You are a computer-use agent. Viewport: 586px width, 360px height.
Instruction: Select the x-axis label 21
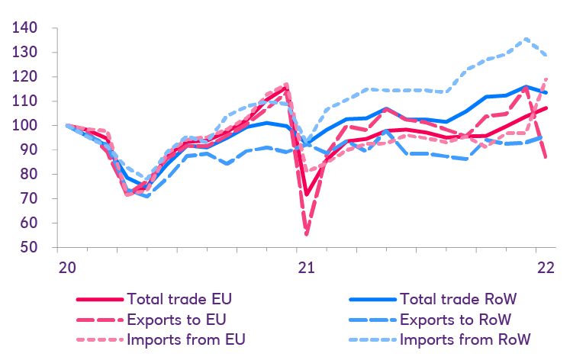point(307,268)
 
